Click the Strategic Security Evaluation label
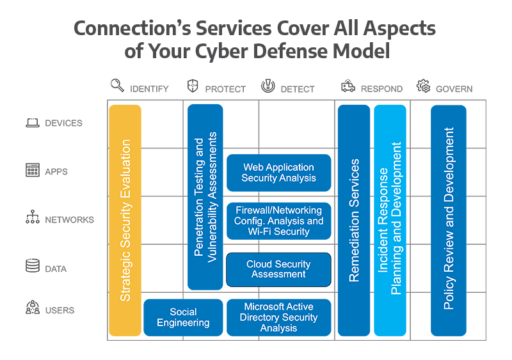coord(126,220)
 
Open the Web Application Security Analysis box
coord(278,173)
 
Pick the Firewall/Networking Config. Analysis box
coord(278,221)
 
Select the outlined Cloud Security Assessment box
coord(278,269)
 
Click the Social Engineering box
coord(183,317)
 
